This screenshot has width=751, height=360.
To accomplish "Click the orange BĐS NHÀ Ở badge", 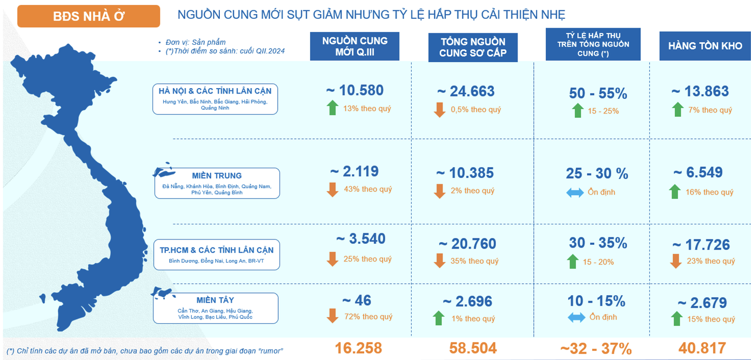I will pyautogui.click(x=89, y=16).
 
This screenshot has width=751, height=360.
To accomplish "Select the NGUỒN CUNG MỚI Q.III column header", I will pyautogui.click(x=354, y=46).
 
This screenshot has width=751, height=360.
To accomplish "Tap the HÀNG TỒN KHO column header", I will pyautogui.click(x=705, y=46).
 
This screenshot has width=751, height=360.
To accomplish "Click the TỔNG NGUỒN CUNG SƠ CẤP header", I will pyautogui.click(x=472, y=47).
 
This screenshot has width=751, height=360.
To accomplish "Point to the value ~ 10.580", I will pyautogui.click(x=354, y=90).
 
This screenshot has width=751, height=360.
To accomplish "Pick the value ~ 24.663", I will pyautogui.click(x=465, y=91).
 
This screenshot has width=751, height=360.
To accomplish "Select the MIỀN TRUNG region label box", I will pyautogui.click(x=217, y=183).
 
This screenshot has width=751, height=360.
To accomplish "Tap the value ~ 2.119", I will pyautogui.click(x=354, y=171).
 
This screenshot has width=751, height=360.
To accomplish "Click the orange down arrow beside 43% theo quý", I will pyautogui.click(x=333, y=190).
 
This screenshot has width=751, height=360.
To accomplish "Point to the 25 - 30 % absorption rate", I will pyautogui.click(x=597, y=174).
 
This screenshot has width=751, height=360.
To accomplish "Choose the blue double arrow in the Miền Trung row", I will pyautogui.click(x=575, y=192).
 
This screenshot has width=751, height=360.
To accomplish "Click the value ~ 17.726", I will pyautogui.click(x=701, y=244).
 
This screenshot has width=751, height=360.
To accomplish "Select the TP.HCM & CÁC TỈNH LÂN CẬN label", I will pyautogui.click(x=217, y=255).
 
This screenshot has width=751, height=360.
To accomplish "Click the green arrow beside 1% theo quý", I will pyautogui.click(x=439, y=318).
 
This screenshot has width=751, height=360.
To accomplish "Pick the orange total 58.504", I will pyautogui.click(x=473, y=348).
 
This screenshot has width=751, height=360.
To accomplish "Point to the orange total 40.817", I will pyautogui.click(x=702, y=348).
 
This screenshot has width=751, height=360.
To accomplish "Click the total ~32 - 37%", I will pyautogui.click(x=596, y=349).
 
